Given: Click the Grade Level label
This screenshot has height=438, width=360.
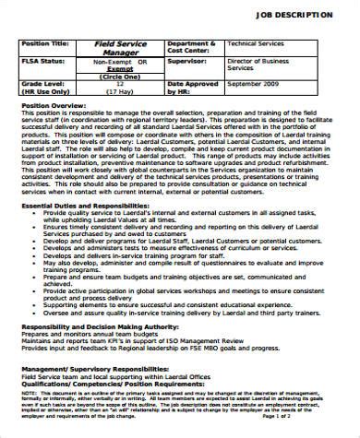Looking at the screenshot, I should pos(42,83).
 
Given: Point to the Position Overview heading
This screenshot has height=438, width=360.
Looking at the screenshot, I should pos(51,106).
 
